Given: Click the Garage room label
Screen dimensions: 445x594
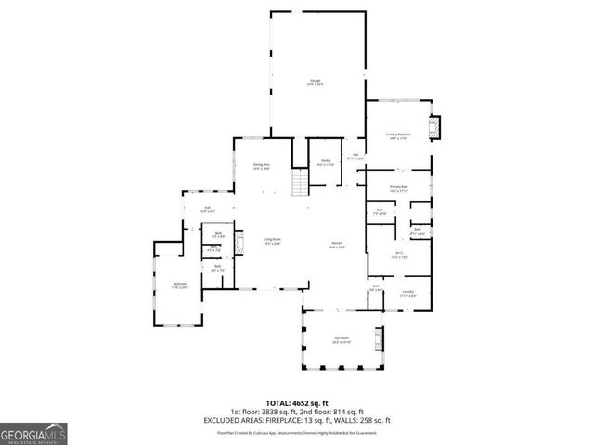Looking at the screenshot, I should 316,83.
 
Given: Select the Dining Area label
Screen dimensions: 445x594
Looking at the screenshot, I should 262,167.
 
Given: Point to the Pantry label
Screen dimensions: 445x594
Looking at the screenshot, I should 327,161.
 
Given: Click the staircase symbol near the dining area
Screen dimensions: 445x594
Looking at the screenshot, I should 299,183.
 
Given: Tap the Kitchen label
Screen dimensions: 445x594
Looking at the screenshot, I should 337,246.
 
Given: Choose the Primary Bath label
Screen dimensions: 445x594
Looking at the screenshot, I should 399,188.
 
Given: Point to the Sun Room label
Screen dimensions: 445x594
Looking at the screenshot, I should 342,341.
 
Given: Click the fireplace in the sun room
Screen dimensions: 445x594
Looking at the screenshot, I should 378,337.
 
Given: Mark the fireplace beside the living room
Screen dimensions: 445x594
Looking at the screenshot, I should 238,244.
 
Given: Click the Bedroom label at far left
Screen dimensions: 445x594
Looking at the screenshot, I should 179,286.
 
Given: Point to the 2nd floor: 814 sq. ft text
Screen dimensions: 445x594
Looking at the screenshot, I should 336,412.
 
